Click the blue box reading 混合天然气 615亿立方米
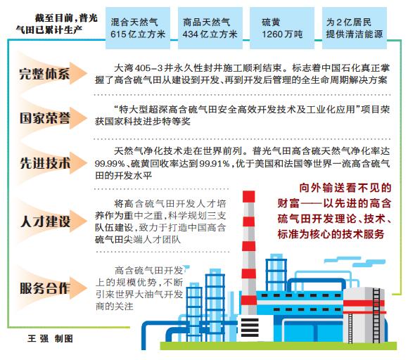point(138,28)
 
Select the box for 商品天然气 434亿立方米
point(210,28)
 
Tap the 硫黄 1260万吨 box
point(282,28)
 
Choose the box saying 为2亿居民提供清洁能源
point(355,28)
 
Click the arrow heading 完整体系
point(52,74)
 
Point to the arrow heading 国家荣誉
point(52,118)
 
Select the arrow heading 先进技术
point(52,163)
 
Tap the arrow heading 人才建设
point(52,221)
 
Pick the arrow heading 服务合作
point(52,288)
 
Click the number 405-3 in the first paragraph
point(149,68)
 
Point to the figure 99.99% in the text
point(110,164)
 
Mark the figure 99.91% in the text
point(215,164)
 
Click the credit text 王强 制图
point(50,339)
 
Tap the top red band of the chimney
point(248,196)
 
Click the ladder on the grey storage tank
point(376,315)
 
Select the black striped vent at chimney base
point(250,328)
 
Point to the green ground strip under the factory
point(278,346)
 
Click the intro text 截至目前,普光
point(66,18)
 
